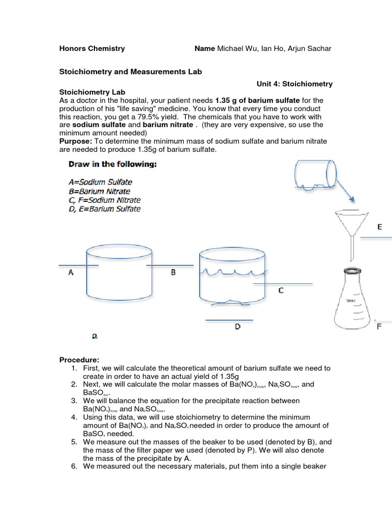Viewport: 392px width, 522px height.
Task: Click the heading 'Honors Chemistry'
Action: [x=92, y=48]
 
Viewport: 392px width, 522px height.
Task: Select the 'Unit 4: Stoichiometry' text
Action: [x=295, y=84]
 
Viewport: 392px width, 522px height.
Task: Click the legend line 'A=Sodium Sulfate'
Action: [x=100, y=181]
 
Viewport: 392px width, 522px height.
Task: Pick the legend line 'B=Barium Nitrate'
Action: [x=99, y=191]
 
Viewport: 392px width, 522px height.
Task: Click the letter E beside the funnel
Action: [x=379, y=227]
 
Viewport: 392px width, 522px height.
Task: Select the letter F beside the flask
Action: [x=379, y=326]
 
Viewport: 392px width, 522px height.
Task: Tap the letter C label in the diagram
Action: [x=281, y=291]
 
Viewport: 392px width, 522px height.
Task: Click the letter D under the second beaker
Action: [x=237, y=327]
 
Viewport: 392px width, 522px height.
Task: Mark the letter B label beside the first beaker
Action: [x=173, y=273]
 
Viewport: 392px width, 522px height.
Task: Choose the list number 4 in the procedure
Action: [x=74, y=417]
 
